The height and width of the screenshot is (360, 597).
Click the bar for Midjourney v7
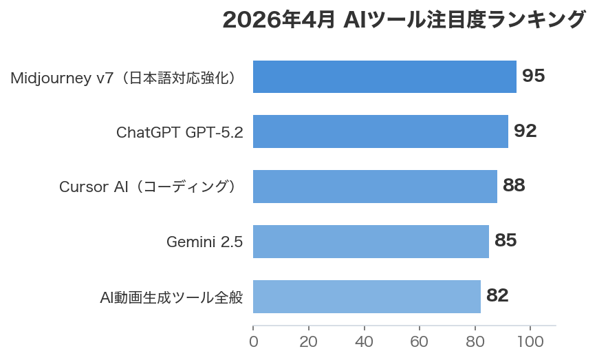(384, 76)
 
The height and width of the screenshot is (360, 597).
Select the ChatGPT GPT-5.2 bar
(380, 131)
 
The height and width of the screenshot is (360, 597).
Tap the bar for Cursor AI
(375, 187)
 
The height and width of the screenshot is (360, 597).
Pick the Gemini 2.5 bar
(371, 242)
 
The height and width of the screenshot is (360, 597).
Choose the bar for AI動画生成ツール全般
(367, 297)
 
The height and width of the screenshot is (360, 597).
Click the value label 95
(533, 76)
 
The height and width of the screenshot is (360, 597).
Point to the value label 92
(525, 131)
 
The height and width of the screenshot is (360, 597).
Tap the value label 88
(514, 186)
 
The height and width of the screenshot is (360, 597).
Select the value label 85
(506, 241)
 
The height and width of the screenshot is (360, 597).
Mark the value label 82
(497, 296)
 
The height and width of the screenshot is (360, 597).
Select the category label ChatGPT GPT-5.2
(180, 132)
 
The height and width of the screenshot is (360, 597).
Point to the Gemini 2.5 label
(204, 242)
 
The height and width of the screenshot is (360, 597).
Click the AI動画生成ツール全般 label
(171, 297)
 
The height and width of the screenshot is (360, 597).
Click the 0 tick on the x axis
(253, 342)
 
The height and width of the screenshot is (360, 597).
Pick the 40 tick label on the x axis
(364, 342)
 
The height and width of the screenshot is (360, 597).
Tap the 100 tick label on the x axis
(530, 342)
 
